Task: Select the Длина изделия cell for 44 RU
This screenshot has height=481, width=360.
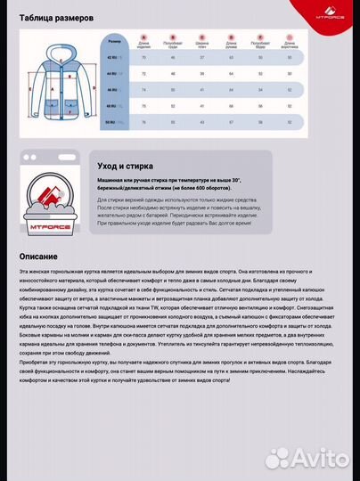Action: point(144,74)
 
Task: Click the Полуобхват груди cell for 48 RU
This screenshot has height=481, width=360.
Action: point(174,106)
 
